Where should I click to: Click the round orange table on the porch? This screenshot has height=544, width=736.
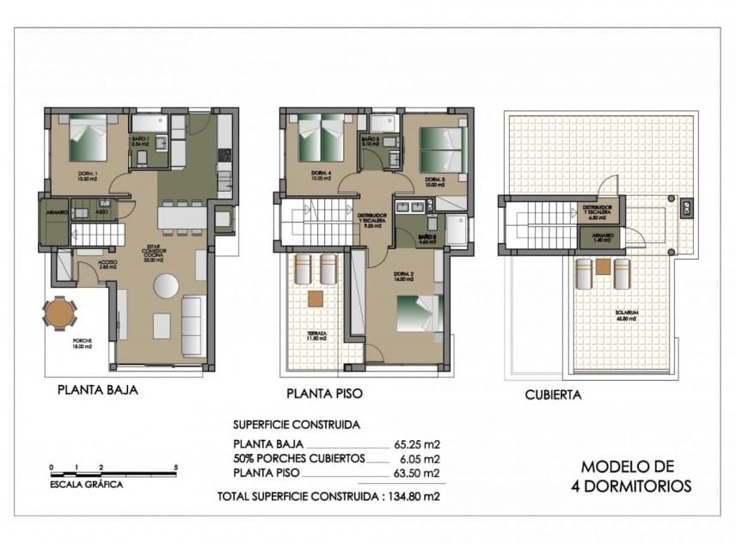pyautogui.click(x=58, y=313)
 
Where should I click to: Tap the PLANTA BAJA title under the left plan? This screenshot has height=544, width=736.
pyautogui.click(x=97, y=389)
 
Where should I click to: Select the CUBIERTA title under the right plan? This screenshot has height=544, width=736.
pyautogui.click(x=553, y=396)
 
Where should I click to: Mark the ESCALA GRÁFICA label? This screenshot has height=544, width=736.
pyautogui.click(x=86, y=485)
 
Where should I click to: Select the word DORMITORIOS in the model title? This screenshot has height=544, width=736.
pyautogui.click(x=632, y=486)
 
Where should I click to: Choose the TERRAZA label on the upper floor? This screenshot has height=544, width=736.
pyautogui.click(x=306, y=335)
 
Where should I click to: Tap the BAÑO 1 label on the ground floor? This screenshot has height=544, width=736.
pyautogui.click(x=140, y=142)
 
